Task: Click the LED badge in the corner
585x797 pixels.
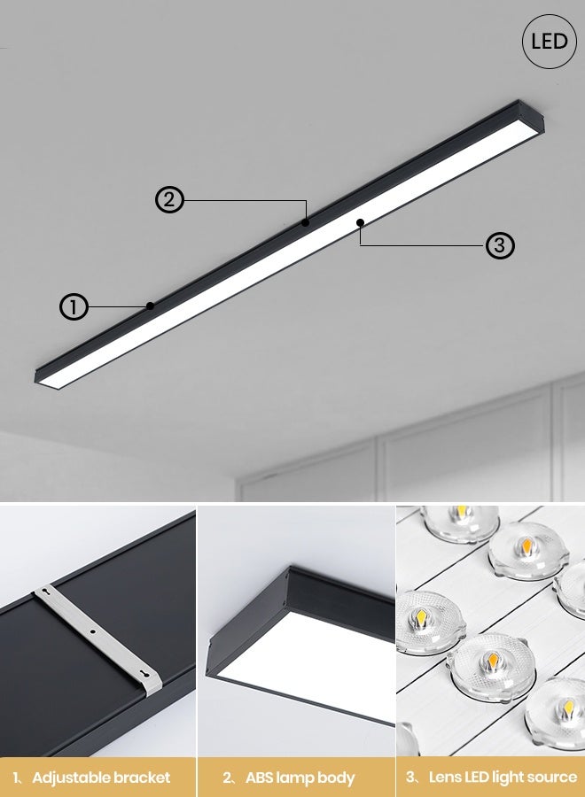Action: point(550,42)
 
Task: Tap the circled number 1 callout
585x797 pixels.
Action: point(74,307)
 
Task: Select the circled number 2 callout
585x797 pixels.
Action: point(170,200)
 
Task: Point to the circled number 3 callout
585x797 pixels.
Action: point(500,244)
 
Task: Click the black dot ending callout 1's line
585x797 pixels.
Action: point(151,306)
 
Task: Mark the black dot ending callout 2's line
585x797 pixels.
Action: point(305,222)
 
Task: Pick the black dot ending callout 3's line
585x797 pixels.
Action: point(360,222)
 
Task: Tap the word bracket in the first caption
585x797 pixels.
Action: point(142,778)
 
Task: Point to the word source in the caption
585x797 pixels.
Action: point(551,778)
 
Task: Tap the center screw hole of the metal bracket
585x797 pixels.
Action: point(92,631)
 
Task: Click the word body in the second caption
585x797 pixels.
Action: point(336,778)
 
